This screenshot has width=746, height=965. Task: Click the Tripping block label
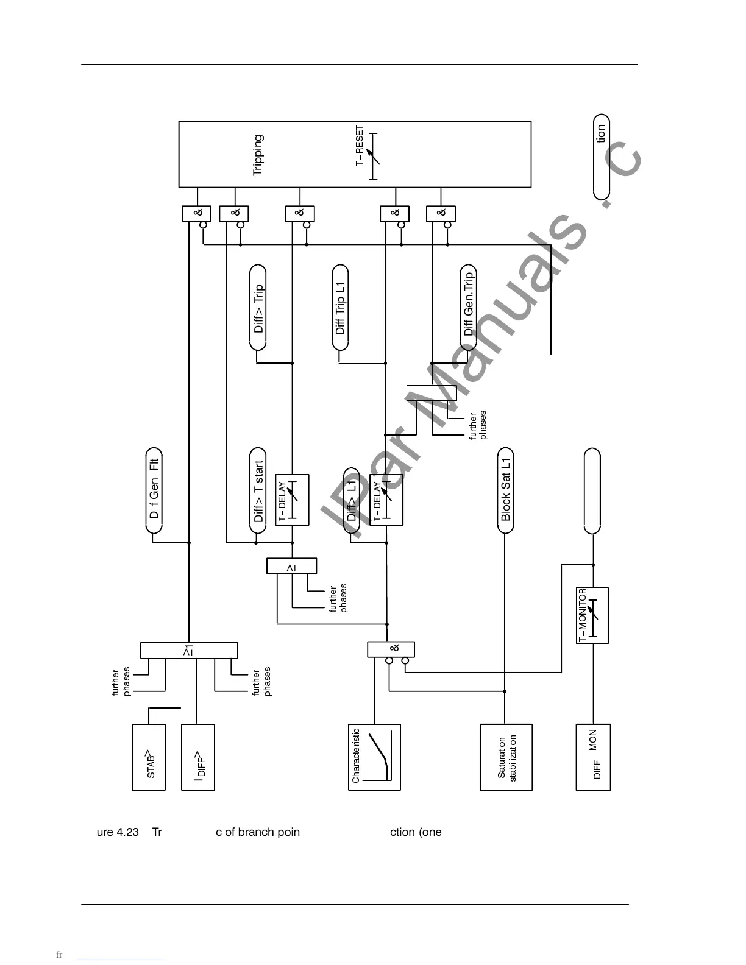(258, 155)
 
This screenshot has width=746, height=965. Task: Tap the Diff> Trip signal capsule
(258, 308)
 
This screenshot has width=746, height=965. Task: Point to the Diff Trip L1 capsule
(340, 308)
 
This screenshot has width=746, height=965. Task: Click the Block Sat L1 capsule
(506, 490)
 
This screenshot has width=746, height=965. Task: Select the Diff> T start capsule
(258, 492)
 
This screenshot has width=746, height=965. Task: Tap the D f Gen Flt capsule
(154, 490)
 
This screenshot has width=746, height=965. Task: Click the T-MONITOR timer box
(592, 615)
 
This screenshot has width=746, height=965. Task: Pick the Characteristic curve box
(374, 757)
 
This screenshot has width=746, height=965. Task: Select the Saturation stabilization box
(506, 757)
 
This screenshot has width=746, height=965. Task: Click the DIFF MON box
(593, 757)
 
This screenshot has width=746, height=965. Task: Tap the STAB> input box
(149, 757)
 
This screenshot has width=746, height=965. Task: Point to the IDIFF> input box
(198, 757)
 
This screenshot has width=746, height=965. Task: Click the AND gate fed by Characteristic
(391, 649)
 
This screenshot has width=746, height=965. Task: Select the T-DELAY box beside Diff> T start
(293, 500)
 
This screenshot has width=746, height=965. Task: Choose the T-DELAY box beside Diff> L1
(386, 500)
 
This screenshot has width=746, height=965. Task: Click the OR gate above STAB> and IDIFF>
(189, 651)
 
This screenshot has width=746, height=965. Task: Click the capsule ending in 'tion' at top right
(601, 156)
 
